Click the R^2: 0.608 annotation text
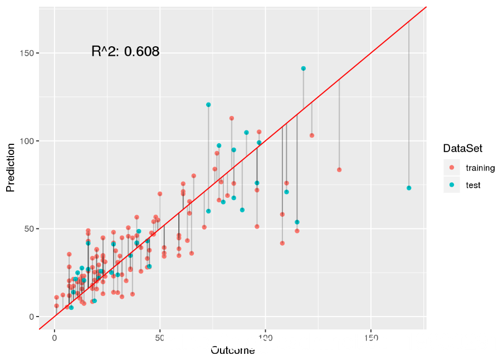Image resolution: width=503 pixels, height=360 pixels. (125, 52)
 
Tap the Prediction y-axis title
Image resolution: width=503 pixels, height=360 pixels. (10, 167)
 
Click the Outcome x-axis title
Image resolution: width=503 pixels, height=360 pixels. (232, 351)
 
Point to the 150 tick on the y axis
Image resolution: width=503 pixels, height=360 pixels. (29, 53)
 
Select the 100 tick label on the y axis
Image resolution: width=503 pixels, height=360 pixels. (29, 141)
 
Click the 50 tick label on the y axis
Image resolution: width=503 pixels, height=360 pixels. (31, 229)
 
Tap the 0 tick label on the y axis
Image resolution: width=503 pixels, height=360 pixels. (33, 317)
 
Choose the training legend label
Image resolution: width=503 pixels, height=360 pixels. (480, 167)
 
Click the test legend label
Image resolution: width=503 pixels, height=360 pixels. (473, 185)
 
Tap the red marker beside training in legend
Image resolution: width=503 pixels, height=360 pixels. (452, 167)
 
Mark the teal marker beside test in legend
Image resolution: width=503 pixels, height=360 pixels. (452, 185)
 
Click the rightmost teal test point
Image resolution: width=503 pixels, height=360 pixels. (409, 188)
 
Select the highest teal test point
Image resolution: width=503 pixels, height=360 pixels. (304, 69)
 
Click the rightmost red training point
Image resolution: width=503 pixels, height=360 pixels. (339, 169)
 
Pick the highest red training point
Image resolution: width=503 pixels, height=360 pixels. (232, 118)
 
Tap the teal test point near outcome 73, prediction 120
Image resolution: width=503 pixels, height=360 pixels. (208, 105)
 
